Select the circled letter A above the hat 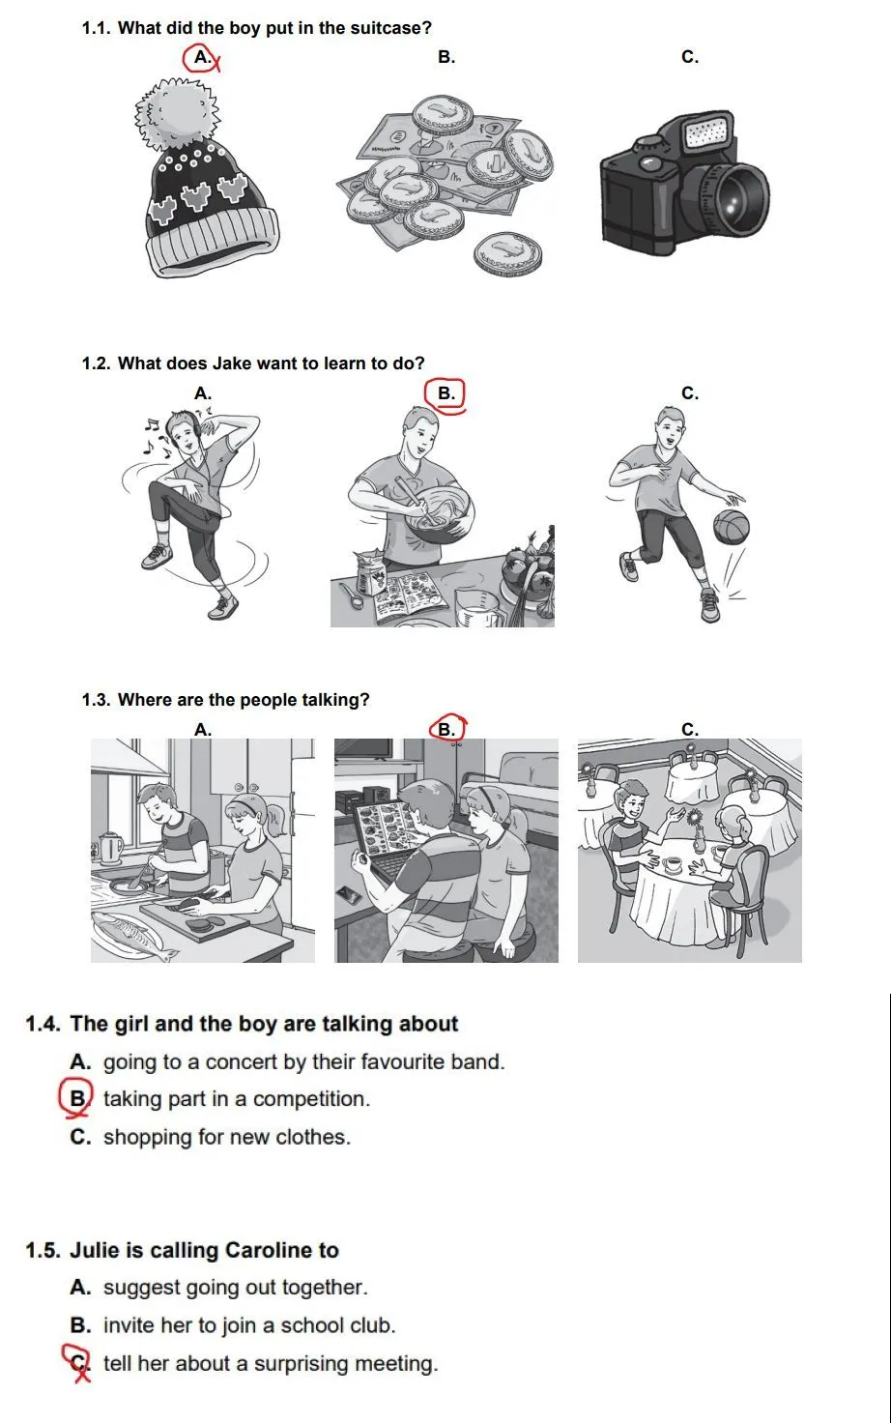[201, 58]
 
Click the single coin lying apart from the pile [508, 253]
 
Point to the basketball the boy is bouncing [731, 527]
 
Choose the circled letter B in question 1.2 [445, 393]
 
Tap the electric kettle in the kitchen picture [110, 848]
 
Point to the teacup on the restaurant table [672, 864]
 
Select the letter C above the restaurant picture [690, 729]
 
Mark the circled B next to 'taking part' [76, 1098]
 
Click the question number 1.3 [96, 700]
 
